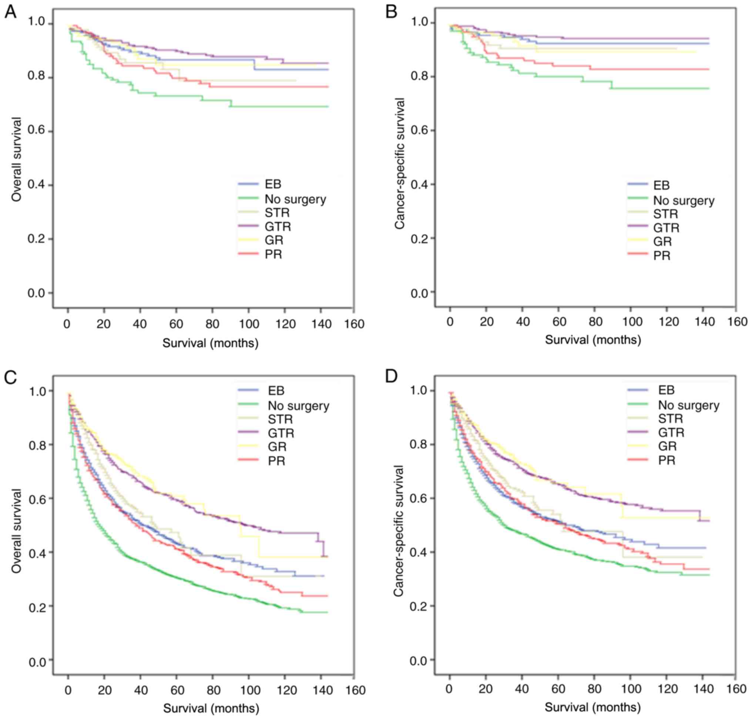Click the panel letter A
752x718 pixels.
(x=10, y=12)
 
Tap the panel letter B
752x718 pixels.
(x=391, y=12)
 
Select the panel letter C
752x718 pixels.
(x=10, y=377)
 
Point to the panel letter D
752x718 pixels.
(x=392, y=377)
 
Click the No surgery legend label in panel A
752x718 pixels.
(x=295, y=199)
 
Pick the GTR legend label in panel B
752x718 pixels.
(x=666, y=228)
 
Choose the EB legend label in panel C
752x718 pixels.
(x=276, y=391)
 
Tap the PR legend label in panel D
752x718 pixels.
(x=667, y=460)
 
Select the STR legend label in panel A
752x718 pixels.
(x=277, y=213)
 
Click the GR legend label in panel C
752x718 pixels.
(x=277, y=447)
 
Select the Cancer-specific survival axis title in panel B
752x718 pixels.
(x=400, y=163)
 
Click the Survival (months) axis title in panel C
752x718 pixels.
(x=211, y=708)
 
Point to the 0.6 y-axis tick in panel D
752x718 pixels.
(x=418, y=498)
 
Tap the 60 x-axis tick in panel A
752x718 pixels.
(x=176, y=324)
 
